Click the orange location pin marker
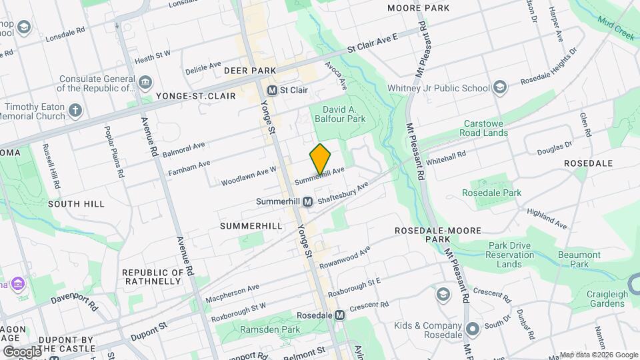[x=320, y=159]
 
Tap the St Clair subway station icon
[x=272, y=90]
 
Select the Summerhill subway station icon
[x=307, y=201]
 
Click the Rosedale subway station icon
[x=340, y=315]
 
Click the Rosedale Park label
[x=491, y=193]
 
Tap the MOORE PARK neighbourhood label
[x=418, y=8]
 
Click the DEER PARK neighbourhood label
[x=245, y=70]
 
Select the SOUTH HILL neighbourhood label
[x=76, y=203]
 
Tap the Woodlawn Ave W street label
[x=249, y=175]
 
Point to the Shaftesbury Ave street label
[x=343, y=194]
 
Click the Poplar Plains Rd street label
[x=111, y=152]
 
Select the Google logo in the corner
[x=22, y=351]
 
